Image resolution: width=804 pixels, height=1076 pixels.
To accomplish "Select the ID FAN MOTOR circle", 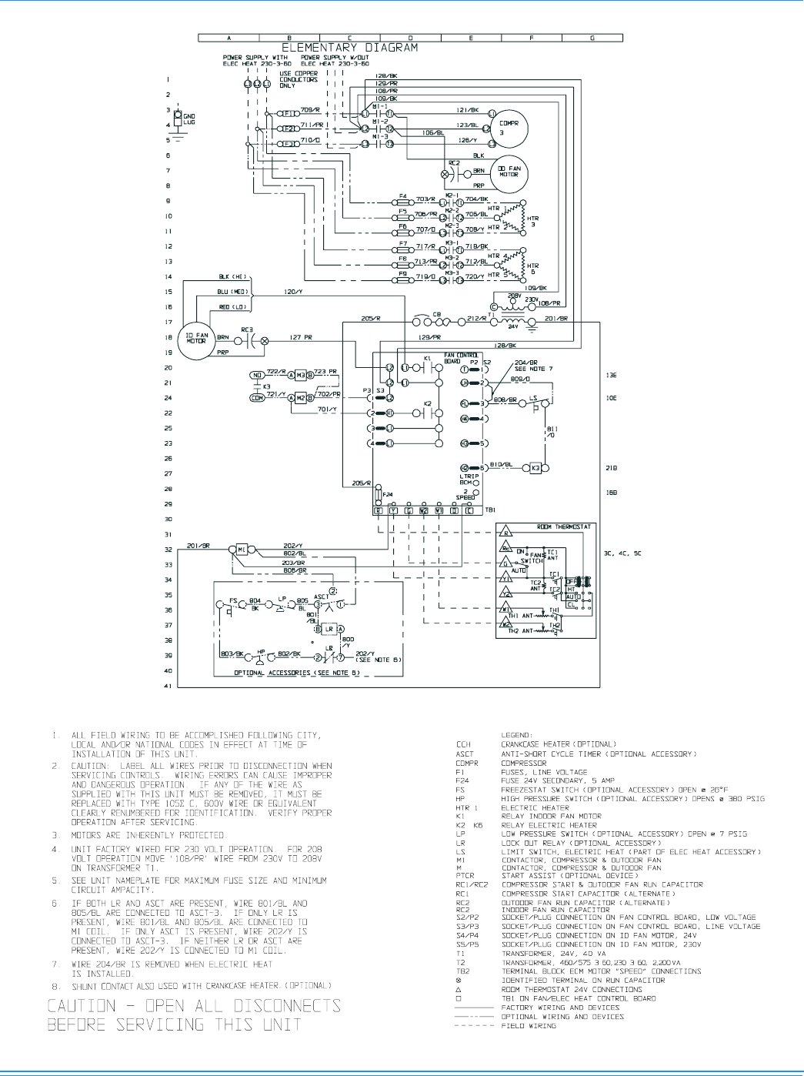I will point(196,338).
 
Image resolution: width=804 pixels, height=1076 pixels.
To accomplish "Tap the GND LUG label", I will point(188,119).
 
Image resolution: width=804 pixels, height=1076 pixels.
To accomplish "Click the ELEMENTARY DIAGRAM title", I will point(349,48).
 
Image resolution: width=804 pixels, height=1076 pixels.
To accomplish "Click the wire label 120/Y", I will point(293,292).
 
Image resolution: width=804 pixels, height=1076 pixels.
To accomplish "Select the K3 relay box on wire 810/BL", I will point(535,468).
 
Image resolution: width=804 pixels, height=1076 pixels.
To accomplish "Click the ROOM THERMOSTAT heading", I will point(564,527).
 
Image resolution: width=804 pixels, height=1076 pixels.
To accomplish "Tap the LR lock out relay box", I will point(329,629).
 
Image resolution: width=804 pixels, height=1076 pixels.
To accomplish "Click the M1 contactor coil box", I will point(242,550).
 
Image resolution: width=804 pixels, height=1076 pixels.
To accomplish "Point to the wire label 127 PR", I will point(301,337).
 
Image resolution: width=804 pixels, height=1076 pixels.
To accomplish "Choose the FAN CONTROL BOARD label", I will point(460,358).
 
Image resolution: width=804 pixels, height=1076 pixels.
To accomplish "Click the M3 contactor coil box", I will point(301,375).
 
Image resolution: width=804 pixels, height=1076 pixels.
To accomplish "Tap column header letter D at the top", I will point(410,38).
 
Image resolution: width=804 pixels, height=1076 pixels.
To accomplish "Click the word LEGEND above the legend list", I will point(515,735).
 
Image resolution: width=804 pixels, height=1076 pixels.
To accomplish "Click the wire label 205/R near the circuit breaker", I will point(372,319).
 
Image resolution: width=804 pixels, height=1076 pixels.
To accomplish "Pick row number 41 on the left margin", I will point(168,686).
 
